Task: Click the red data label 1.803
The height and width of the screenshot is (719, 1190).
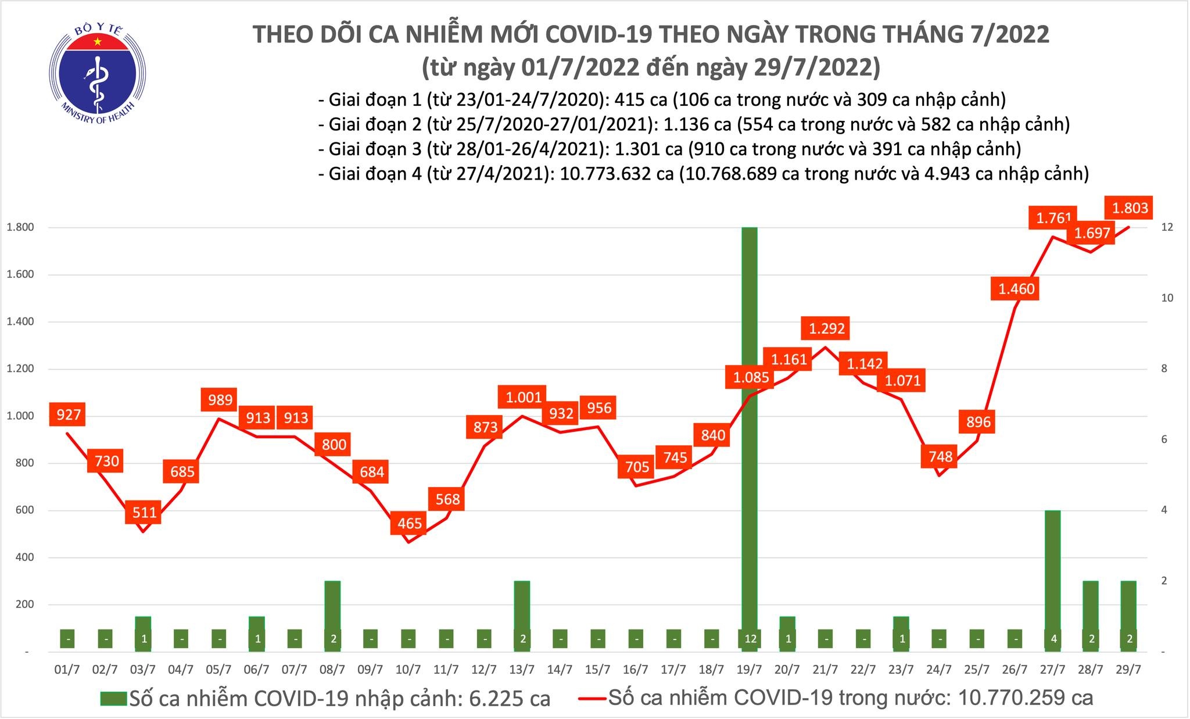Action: coord(1130,208)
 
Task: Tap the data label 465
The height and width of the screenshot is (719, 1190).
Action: coord(410,523)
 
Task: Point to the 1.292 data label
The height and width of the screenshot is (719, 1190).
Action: coord(826,329)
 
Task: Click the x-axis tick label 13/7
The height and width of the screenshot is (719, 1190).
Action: coord(522,670)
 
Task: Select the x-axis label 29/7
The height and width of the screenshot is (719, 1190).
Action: coord(1128,670)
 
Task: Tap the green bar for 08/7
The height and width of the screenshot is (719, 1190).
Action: coord(332,604)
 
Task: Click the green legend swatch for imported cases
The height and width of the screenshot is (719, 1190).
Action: coord(113,698)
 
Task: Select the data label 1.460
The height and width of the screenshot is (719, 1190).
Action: coord(1016,289)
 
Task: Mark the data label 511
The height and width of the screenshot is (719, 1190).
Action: coord(144,512)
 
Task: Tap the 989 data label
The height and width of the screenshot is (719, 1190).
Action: coord(220,400)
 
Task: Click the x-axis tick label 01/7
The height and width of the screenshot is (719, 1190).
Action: coord(67,670)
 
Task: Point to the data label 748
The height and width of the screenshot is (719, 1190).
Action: coord(940,456)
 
